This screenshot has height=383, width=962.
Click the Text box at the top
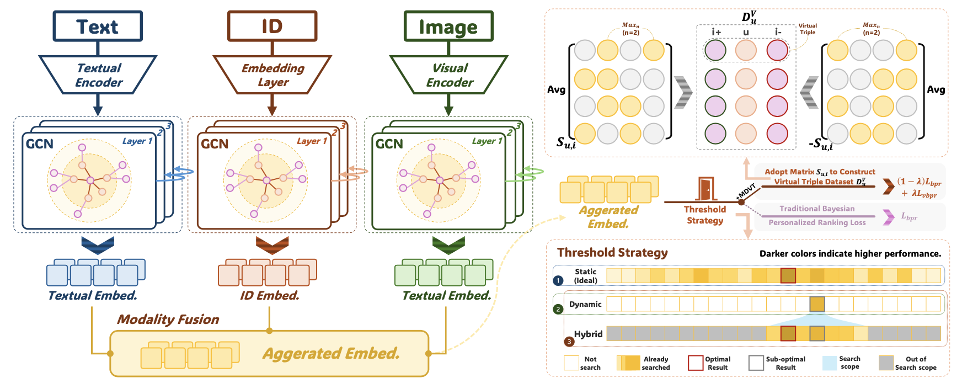point(98,26)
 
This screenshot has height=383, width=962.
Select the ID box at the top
point(272,26)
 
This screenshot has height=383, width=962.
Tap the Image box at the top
point(448,26)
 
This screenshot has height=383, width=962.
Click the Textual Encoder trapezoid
point(98,75)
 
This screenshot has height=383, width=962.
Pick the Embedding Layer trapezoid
point(272,75)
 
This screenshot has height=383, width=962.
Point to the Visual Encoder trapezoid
point(449,75)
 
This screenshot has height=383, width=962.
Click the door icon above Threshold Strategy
point(706,189)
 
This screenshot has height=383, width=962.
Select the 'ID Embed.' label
point(269,296)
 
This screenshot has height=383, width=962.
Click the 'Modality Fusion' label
point(168,320)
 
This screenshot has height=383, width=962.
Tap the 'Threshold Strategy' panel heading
point(612,253)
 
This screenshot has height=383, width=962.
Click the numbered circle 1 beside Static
point(558,280)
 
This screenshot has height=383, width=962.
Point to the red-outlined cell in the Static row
point(788,275)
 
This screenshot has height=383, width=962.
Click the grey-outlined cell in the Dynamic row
point(817,304)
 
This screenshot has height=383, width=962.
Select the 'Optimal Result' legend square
point(695,363)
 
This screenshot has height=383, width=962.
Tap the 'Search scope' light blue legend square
point(829,363)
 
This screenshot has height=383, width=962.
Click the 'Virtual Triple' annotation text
point(808,29)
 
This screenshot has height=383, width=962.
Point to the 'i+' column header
point(716,32)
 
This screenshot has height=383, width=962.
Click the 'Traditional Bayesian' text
point(817,209)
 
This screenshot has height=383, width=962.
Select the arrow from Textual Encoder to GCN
point(98,104)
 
